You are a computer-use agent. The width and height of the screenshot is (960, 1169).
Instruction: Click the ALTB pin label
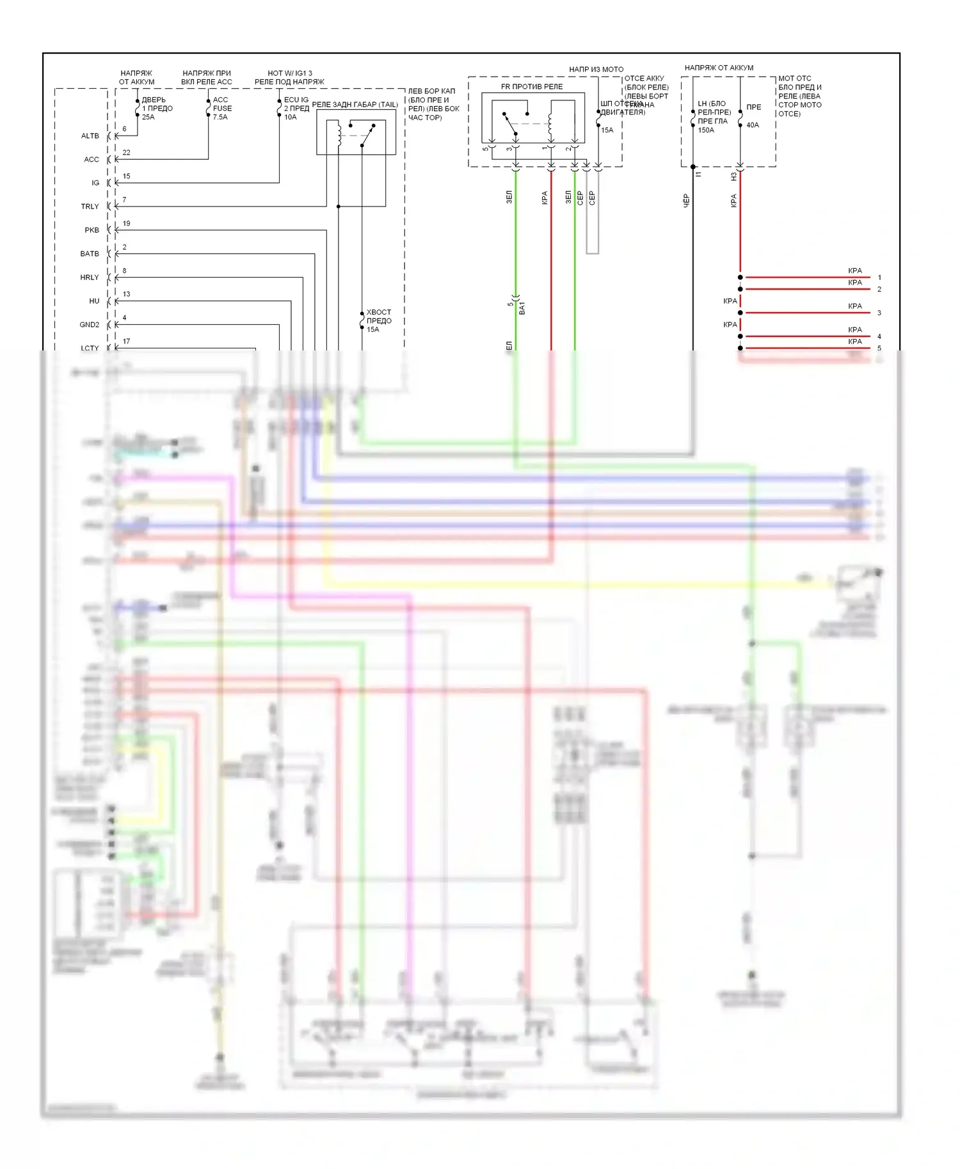click(90, 136)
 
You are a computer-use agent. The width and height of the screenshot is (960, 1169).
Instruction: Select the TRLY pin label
click(90, 207)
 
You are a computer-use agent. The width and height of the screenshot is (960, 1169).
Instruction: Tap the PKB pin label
click(92, 230)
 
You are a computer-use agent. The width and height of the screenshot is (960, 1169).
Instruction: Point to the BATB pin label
click(90, 254)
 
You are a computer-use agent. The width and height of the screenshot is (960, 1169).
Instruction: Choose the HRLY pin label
click(90, 278)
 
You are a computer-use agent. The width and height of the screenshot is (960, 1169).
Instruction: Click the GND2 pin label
click(89, 325)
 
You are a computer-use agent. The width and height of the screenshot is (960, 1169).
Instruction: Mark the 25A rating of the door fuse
click(148, 117)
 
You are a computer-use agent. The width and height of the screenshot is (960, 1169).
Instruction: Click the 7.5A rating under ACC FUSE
click(220, 117)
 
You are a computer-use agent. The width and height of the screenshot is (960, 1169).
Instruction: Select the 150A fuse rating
click(706, 130)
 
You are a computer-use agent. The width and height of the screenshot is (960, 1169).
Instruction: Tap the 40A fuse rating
click(753, 125)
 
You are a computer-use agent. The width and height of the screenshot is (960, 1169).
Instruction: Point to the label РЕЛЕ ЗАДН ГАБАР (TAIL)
click(355, 105)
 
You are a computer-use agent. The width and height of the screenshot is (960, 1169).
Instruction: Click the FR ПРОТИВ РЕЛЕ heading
click(532, 87)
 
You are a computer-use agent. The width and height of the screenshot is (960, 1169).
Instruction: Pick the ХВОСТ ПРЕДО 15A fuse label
click(378, 321)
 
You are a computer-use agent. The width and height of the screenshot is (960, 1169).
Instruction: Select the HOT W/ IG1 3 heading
click(290, 74)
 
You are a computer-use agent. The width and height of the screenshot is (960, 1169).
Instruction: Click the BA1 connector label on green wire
click(522, 308)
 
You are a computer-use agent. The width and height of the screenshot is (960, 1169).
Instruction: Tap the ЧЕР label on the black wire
click(686, 201)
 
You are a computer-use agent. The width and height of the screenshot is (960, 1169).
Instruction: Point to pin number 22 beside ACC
click(126, 153)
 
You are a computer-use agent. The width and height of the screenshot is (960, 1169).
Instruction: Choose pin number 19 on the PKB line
click(126, 224)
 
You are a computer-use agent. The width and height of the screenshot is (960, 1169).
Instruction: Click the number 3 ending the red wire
click(879, 313)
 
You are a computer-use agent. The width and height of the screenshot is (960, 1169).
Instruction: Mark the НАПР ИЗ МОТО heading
click(596, 69)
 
